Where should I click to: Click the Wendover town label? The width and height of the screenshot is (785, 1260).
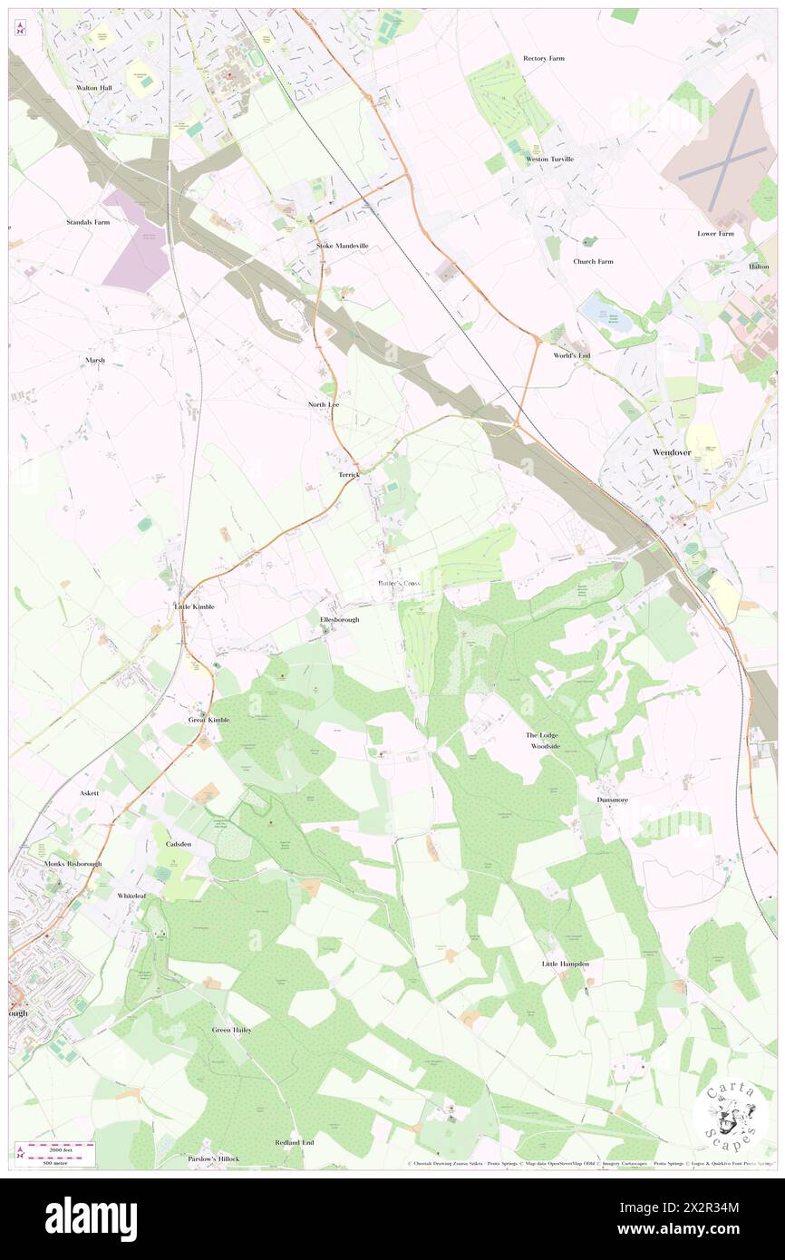[x=672, y=451]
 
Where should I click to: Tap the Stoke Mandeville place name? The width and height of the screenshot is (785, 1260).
[x=343, y=246]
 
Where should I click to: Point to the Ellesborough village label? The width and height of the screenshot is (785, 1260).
[x=340, y=620]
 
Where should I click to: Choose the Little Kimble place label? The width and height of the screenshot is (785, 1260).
[x=194, y=606]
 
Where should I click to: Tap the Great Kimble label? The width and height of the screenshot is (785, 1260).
[x=209, y=720]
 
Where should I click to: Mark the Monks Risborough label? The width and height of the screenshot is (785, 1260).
[x=73, y=864]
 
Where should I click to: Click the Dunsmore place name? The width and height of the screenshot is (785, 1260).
[x=613, y=800]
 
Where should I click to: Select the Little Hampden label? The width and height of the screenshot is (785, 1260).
[x=566, y=964]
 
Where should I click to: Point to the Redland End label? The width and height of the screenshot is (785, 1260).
[x=294, y=1142]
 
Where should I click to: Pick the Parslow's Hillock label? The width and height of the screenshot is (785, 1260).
[x=214, y=1158]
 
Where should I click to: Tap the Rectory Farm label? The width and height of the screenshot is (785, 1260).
[x=544, y=58]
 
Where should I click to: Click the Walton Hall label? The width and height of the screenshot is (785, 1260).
[x=94, y=88]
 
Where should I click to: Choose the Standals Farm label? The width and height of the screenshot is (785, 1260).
[x=88, y=221]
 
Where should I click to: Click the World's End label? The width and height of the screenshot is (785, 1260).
[x=572, y=355]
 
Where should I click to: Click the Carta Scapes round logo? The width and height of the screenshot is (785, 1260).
[x=731, y=1114]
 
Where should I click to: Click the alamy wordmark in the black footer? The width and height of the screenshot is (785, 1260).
[x=91, y=1218]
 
